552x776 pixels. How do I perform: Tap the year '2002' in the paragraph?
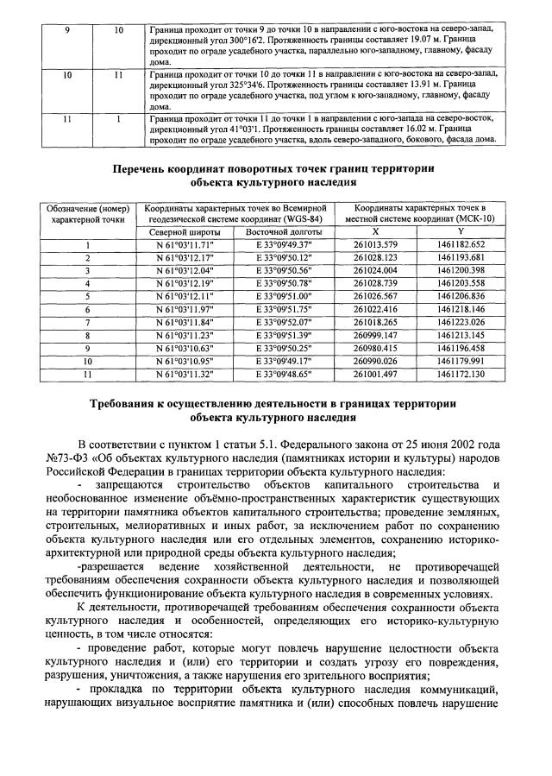[455, 445]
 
